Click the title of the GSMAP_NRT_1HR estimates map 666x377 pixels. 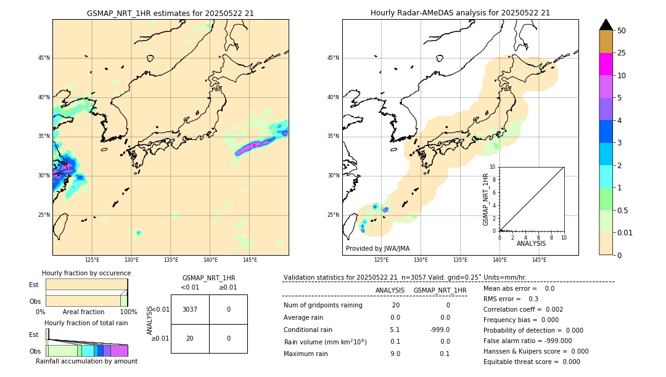point(170,13)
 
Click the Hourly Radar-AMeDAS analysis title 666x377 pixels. point(460,13)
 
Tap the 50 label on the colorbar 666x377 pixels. point(622,31)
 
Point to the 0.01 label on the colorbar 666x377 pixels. point(625,233)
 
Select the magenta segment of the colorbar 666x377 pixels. point(606,64)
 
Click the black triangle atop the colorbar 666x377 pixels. point(606,25)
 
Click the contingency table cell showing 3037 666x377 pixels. point(190,309)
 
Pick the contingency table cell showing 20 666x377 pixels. point(190,338)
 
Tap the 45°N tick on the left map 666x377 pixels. point(44,58)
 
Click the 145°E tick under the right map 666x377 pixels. point(539,260)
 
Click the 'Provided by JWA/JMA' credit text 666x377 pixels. point(377,248)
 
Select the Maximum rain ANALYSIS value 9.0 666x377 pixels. point(395,354)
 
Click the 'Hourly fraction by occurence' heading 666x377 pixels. point(86,273)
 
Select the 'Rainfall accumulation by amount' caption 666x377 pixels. point(86,361)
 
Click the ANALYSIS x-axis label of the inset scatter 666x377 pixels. point(531,243)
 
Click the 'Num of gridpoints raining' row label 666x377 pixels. point(323,306)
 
